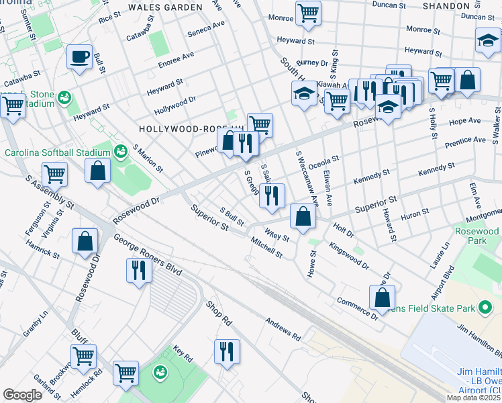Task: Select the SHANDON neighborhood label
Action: (x=446, y=5)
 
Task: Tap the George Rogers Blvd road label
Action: (x=148, y=255)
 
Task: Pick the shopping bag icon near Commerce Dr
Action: (x=382, y=298)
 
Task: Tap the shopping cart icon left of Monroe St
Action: (x=308, y=12)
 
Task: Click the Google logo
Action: (x=22, y=395)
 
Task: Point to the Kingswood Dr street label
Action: (x=348, y=256)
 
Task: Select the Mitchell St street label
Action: (x=266, y=247)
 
